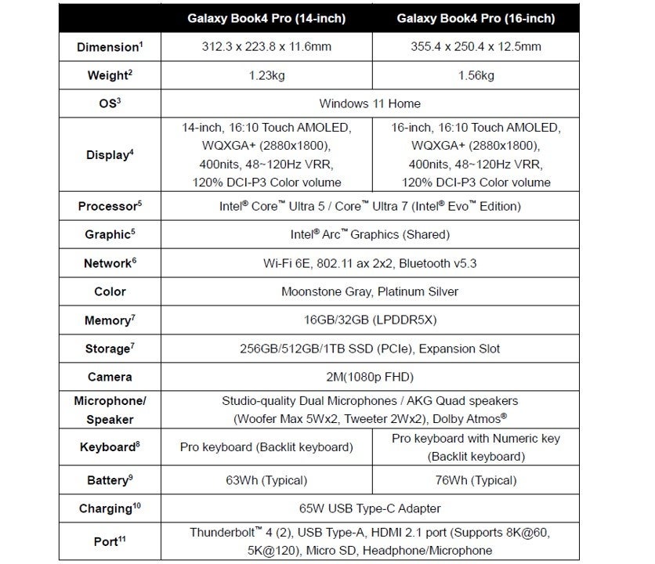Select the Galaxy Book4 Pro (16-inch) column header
475,18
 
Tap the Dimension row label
109,47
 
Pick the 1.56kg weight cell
475,75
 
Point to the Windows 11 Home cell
370,103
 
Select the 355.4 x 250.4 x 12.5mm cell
475,47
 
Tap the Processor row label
109,207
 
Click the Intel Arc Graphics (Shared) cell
370,235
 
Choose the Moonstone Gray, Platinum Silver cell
370,291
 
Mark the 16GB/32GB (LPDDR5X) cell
370,320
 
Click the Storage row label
109,349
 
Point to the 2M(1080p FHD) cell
370,377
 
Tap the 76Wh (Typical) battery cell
475,479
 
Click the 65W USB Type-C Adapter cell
370,508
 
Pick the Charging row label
109,508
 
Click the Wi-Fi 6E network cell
370,263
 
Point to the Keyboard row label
109,447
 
